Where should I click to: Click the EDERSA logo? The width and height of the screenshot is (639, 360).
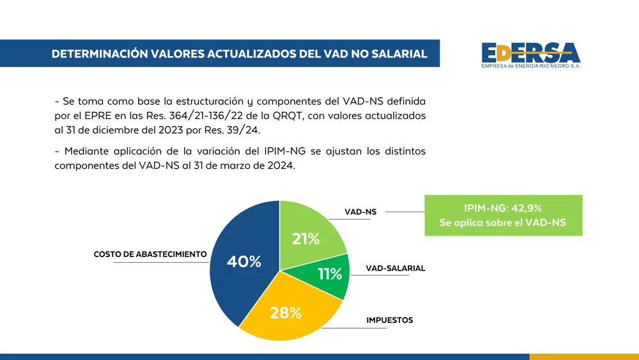(530, 54)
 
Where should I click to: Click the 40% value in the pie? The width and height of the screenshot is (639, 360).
(244, 262)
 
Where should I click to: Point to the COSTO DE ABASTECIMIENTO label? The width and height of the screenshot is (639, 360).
(150, 254)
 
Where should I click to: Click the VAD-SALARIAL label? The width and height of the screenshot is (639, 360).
(395, 269)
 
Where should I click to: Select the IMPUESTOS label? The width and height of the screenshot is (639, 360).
(390, 320)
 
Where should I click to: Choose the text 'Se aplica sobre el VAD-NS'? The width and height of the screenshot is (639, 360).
(503, 223)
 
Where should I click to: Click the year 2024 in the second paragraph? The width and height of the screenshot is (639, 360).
(280, 165)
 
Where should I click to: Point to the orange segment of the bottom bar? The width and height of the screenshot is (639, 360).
(584, 357)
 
